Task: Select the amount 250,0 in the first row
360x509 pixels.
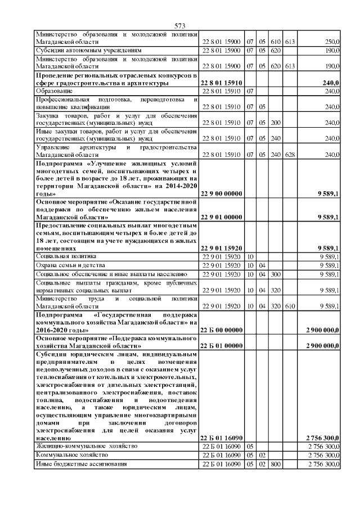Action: pos(332,42)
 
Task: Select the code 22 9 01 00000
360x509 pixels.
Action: pos(222,217)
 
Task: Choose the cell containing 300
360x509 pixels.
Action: pos(276,274)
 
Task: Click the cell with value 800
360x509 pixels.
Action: pos(276,464)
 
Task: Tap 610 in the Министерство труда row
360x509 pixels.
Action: pos(290,307)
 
